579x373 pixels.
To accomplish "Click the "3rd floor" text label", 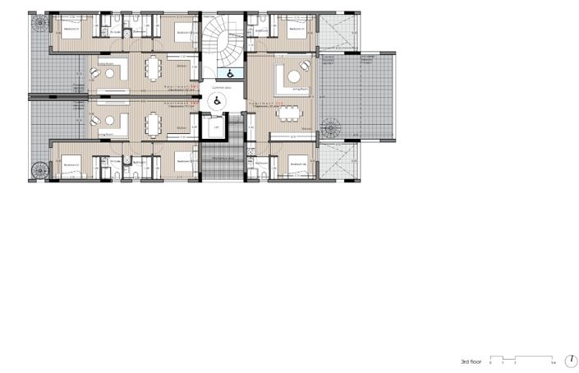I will coord(471,361).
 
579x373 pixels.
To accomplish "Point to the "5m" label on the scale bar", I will coord(554,362).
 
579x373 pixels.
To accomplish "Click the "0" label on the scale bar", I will coord(490,362).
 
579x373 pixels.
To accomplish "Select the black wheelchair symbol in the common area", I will coord(218,101).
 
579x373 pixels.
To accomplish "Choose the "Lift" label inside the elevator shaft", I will coord(216,128).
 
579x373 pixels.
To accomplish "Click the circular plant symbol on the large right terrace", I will coord(332,128).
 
